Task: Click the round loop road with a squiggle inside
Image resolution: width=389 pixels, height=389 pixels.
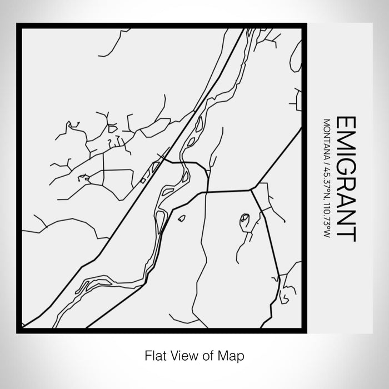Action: coord(245,222)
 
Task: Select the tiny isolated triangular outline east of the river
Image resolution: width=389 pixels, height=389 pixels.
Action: coord(182,219)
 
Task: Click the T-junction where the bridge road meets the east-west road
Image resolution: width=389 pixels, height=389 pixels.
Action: coord(207,192)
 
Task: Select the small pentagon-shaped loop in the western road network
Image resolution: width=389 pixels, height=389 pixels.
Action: coord(84,178)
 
